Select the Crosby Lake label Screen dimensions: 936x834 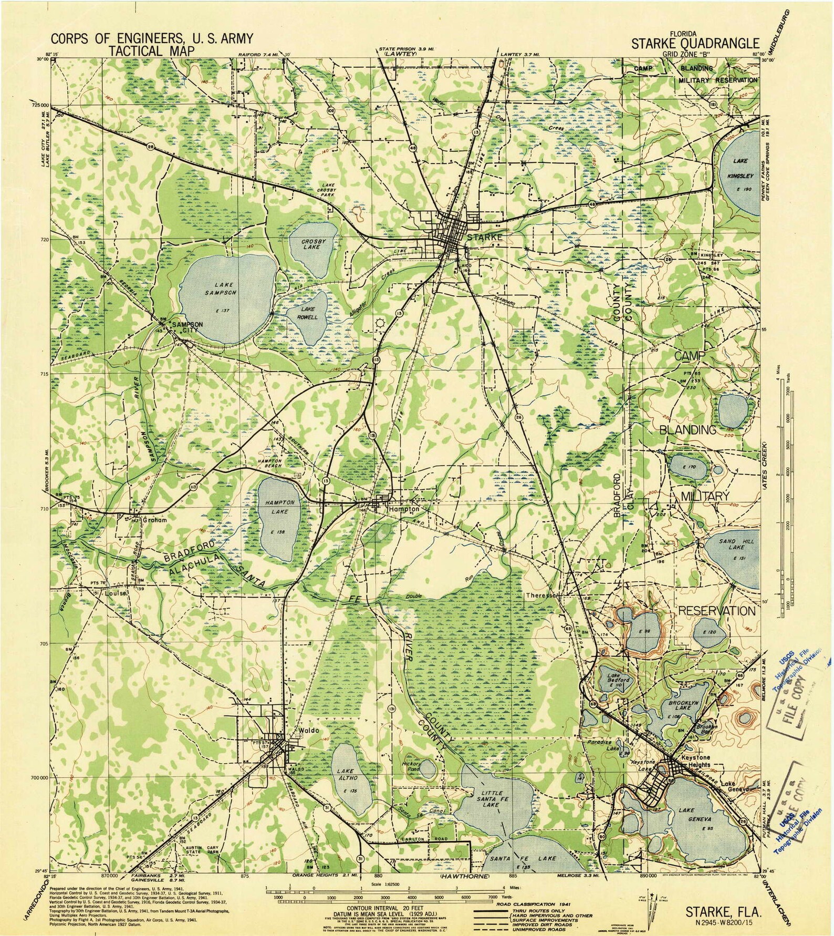coord(310,244)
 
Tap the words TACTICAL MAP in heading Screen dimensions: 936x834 coord(151,50)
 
